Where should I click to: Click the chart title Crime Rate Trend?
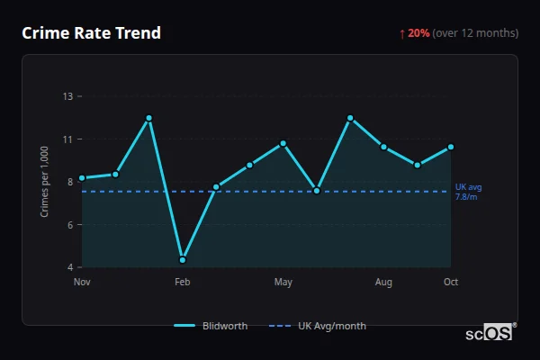(91, 33)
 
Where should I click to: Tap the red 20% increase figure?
(418, 33)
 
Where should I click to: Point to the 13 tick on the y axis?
(68, 96)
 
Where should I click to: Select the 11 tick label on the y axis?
(68, 139)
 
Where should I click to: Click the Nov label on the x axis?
(82, 283)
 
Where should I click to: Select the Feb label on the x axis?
(183, 283)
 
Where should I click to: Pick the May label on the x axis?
(283, 283)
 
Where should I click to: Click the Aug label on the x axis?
(383, 283)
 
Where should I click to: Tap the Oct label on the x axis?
(451, 283)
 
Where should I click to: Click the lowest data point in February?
(183, 260)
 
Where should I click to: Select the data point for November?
(82, 178)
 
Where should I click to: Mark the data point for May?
(283, 143)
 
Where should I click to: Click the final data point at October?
(451, 147)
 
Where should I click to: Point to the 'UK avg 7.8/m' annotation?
(468, 192)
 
